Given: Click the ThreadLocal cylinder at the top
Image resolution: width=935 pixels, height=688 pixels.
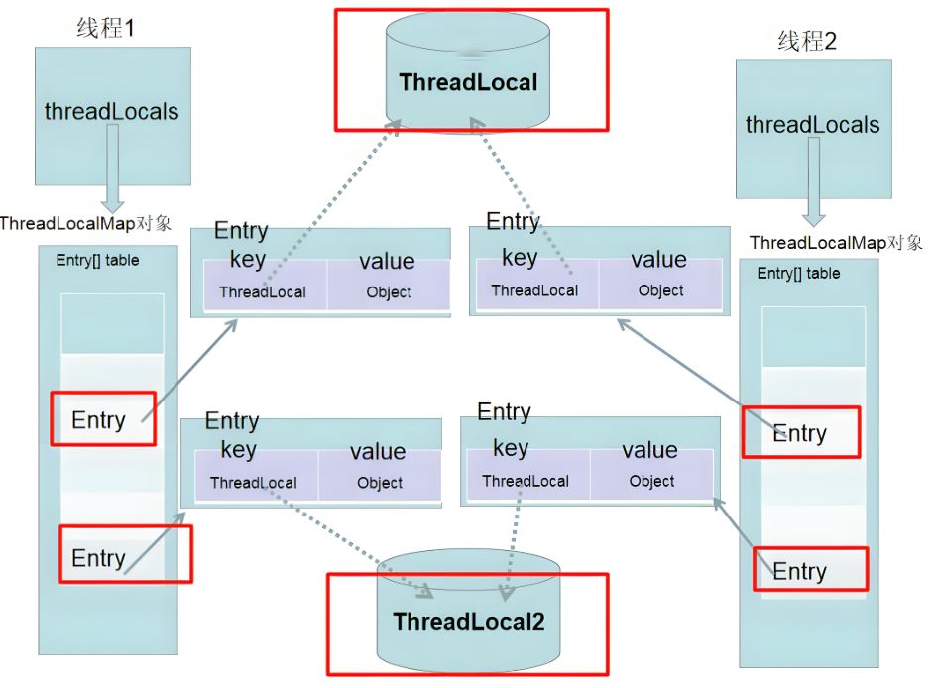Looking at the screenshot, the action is (468, 71).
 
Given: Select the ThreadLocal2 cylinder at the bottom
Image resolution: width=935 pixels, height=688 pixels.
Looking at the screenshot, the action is (469, 611).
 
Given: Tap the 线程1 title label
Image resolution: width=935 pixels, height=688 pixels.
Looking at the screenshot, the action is (105, 28).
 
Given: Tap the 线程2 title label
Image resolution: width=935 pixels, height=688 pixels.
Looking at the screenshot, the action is (807, 41).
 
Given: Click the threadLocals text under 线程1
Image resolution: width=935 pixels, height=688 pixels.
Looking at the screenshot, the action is (111, 111).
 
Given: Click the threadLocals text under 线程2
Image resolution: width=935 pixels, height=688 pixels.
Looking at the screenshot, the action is (812, 125).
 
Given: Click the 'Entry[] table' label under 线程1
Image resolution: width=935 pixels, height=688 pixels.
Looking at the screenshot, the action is (98, 260).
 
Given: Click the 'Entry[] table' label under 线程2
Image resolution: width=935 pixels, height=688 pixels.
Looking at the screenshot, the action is (798, 273).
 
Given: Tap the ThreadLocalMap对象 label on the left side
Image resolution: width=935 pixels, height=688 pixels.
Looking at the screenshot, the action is (85, 224).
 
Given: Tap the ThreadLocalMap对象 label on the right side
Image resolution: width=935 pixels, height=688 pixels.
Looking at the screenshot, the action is (836, 243).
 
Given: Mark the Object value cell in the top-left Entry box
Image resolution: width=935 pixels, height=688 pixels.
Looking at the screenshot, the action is (389, 284).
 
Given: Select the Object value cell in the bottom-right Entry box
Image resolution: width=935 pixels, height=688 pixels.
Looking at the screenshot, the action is (651, 474).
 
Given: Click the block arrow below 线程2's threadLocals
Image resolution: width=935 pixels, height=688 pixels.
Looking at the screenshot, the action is (813, 181).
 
